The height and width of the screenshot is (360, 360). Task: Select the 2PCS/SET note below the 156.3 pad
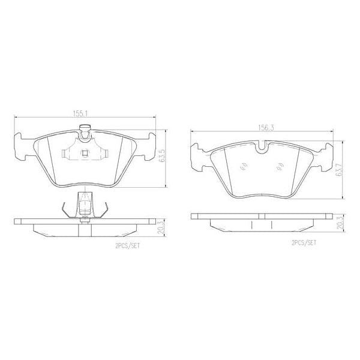[x=304, y=243]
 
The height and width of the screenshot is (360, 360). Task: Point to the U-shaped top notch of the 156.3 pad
[x=262, y=146]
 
